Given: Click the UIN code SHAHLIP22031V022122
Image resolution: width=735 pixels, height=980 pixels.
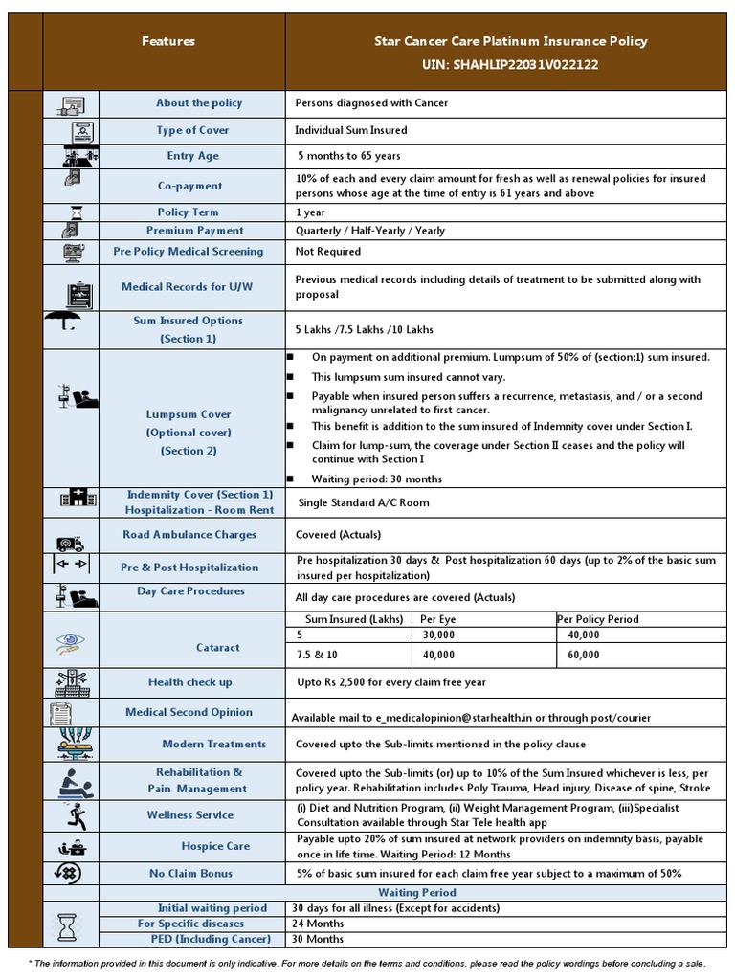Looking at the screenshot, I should (510, 64).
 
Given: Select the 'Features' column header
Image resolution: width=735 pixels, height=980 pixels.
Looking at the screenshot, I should (168, 41).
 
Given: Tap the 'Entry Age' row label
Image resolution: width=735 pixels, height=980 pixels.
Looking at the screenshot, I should (192, 156).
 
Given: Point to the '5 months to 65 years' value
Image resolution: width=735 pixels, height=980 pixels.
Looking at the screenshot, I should (349, 156).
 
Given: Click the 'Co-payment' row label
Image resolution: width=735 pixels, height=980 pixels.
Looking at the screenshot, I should (189, 186).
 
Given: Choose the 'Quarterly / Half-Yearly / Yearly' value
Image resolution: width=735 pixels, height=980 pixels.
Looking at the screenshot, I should (369, 231).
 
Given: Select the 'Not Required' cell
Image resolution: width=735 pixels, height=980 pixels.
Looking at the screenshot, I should (328, 252).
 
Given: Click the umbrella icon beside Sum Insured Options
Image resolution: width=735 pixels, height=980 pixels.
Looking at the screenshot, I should (71, 329).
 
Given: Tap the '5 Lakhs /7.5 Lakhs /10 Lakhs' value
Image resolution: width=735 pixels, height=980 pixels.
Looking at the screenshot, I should (365, 329).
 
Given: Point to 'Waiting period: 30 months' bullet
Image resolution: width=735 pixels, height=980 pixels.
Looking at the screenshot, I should (376, 479).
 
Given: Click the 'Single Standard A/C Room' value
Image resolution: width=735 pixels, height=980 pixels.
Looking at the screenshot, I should (364, 502).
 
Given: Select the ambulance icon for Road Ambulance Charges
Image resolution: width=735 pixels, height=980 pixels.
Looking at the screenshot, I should (71, 544).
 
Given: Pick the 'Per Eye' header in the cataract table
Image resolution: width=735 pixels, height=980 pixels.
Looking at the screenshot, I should (435, 619).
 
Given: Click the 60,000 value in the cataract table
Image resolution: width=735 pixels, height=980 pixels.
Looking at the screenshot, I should (583, 655).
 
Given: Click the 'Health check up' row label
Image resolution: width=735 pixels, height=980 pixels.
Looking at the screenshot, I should (189, 682).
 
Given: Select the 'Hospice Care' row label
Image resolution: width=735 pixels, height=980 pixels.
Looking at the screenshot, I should (215, 846).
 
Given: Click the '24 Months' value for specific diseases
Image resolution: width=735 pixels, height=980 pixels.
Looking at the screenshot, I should (318, 924).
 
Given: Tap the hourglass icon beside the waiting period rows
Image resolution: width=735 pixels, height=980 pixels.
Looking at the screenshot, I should (68, 926).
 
